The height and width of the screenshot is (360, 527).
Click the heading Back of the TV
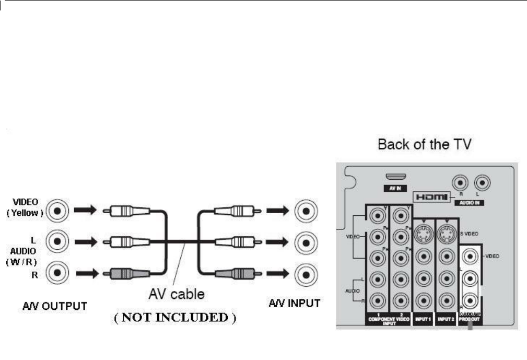(425, 145)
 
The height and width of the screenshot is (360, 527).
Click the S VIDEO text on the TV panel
(472, 232)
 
